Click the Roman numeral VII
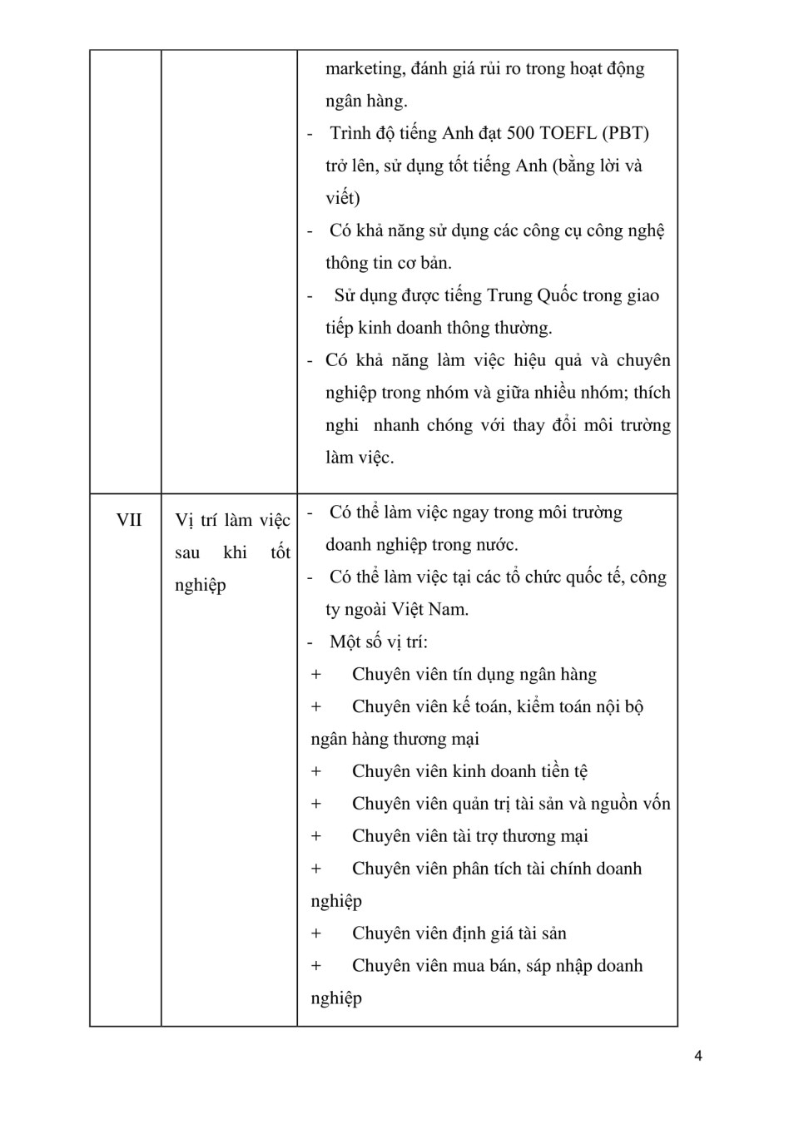(129, 520)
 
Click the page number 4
(697, 1056)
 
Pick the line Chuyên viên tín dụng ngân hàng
(474, 675)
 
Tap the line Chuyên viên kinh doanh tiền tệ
(469, 772)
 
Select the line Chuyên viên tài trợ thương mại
(469, 837)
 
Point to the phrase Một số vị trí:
(379, 642)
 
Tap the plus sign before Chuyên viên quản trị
(316, 805)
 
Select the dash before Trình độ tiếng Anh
(310, 134)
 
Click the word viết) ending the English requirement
(343, 198)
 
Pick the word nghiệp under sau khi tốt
(200, 586)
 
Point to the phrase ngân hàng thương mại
(395, 740)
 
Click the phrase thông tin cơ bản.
(388, 263)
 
